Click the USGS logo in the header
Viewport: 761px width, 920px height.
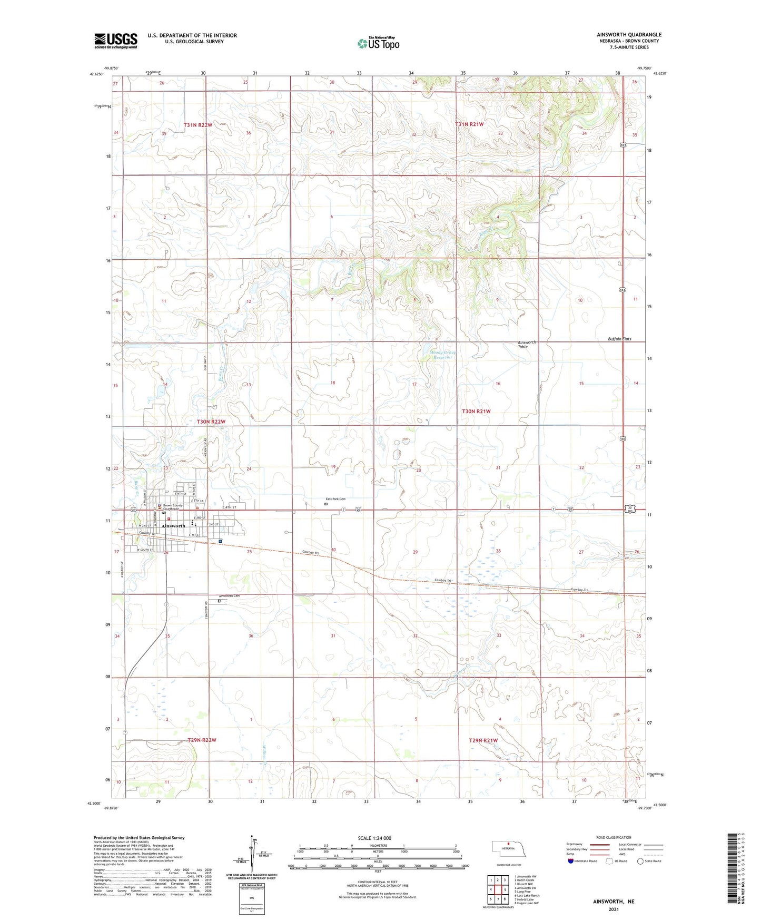pos(116,41)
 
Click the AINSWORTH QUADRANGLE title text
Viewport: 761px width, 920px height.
pos(629,35)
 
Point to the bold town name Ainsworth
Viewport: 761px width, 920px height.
pos(174,526)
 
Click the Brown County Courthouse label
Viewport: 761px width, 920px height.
pos(173,507)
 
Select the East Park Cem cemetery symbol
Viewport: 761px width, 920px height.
pos(325,504)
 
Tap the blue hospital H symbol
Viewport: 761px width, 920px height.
pos(220,541)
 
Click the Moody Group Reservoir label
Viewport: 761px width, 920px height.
pos(443,355)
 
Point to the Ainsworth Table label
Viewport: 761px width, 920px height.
pos(527,344)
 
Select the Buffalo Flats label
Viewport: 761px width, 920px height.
pos(619,339)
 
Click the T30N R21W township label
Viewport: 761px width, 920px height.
pos(476,411)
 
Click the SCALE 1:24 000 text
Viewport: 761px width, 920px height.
pos(374,838)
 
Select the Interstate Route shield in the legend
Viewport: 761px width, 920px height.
pos(571,861)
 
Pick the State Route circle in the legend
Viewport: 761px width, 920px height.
pos(640,861)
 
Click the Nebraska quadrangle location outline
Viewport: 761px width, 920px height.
pos(508,850)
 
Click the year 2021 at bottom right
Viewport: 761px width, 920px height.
pos(613,909)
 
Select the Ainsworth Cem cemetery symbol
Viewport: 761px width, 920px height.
pos(219,600)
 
